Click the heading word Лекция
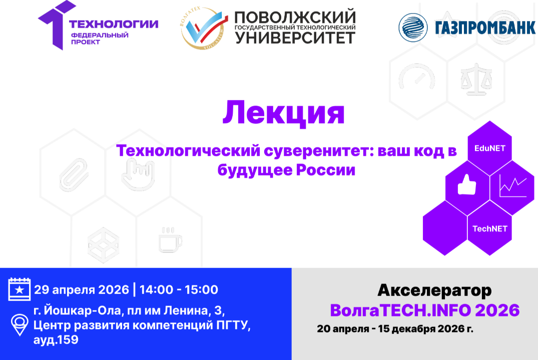click(283, 113)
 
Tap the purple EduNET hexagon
click(489, 148)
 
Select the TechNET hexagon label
click(490, 229)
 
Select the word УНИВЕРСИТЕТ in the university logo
click(295, 37)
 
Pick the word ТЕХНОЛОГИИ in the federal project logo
click(114, 23)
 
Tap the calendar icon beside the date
click(20, 289)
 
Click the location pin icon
click(20, 325)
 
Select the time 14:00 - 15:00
click(179, 289)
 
